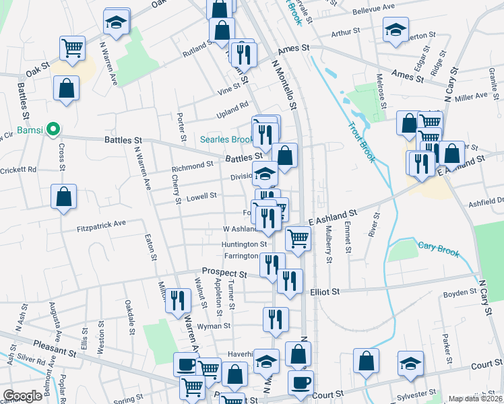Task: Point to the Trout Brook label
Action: (361, 141)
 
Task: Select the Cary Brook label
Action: (438, 249)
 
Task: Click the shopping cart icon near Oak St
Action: (72, 47)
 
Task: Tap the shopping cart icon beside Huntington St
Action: (298, 238)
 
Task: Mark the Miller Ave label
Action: (471, 96)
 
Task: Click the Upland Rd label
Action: (232, 106)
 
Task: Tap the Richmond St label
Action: (192, 166)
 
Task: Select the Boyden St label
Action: (460, 294)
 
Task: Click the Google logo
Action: (22, 396)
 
